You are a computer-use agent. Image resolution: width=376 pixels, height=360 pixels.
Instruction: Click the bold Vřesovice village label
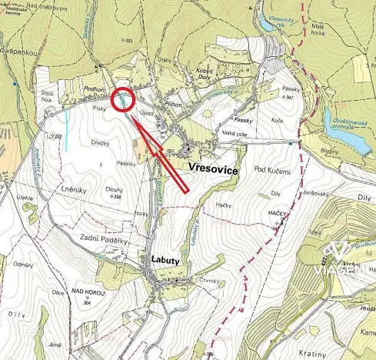coord(214,168)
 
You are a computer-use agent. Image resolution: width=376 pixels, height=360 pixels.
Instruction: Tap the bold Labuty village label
coord(165,261)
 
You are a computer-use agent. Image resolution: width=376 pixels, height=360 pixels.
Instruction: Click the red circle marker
coord(123,100)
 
